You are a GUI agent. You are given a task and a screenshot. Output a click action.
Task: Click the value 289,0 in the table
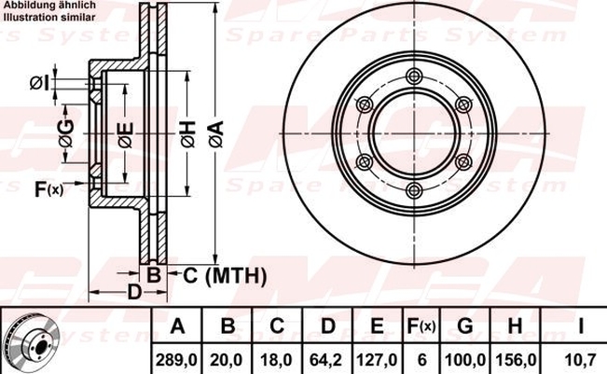tap(176, 360)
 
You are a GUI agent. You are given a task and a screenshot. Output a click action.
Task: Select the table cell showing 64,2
tap(326, 360)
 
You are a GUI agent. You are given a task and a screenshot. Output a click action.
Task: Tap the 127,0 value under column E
tap(377, 360)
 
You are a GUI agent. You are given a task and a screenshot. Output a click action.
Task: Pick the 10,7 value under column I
tap(580, 360)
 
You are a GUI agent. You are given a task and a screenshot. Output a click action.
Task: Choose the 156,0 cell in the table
tap(516, 360)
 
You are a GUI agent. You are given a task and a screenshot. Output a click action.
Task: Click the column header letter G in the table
tap(465, 326)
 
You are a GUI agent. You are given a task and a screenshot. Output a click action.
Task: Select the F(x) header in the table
tap(421, 326)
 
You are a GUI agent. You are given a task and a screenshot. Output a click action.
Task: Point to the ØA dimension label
tap(216, 134)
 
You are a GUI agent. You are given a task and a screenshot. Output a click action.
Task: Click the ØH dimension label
tap(188, 134)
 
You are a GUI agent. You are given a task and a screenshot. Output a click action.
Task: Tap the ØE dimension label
tap(126, 135)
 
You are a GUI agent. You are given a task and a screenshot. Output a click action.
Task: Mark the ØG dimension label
tap(66, 133)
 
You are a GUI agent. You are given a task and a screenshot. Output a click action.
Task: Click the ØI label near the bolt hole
tap(40, 83)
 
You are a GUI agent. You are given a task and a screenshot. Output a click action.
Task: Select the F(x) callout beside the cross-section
tap(48, 189)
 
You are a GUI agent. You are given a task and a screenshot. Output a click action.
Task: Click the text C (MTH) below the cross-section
tap(225, 276)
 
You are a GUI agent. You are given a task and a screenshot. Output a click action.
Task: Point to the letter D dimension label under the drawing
tap(134, 292)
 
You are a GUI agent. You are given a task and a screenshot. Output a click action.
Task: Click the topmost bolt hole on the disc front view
tap(415, 76)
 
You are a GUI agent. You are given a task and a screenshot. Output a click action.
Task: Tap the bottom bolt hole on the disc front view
tap(415, 189)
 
